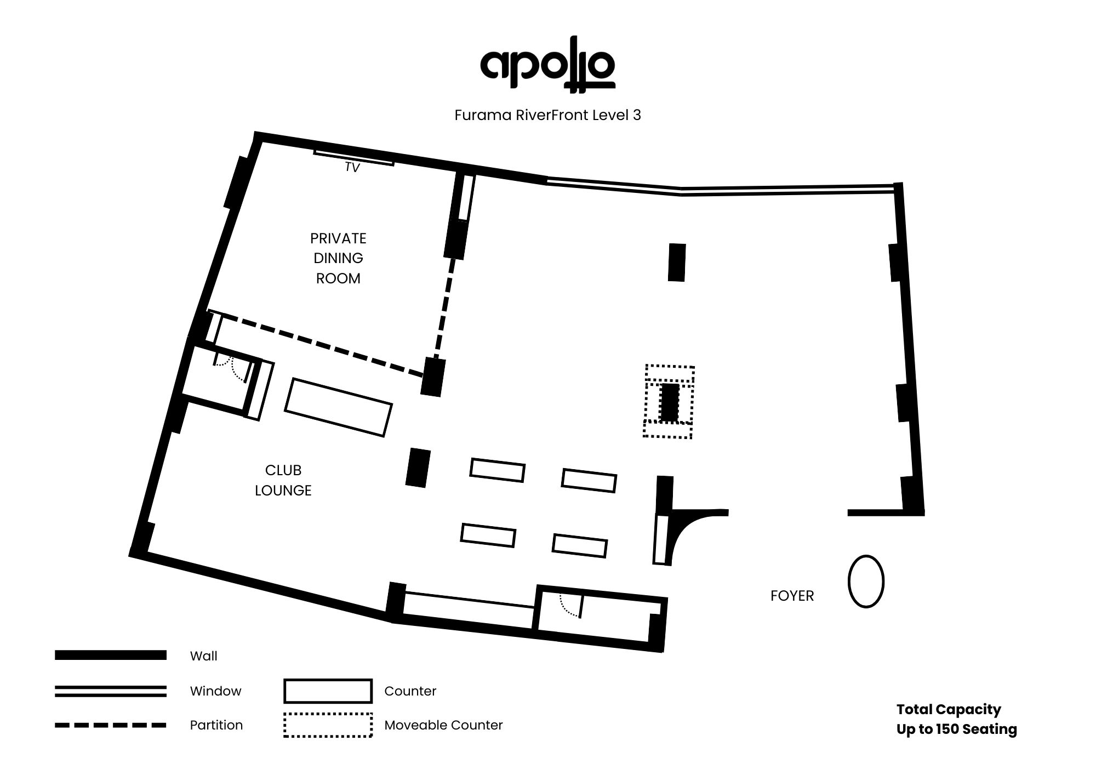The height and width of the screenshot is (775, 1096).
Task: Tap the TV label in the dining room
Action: coord(352,168)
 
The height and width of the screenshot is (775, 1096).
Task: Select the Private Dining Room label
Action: coord(338,258)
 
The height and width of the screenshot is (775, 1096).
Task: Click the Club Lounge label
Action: coord(283,480)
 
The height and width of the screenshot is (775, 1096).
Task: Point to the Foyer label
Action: coord(792,596)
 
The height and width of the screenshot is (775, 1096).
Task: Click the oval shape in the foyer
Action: coord(866,582)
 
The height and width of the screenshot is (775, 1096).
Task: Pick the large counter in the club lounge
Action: coord(338,407)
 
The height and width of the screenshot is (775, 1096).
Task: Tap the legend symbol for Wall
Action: coord(110,655)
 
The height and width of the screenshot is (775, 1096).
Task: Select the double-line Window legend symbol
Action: coord(110,691)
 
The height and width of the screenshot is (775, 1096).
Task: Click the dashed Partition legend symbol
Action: coord(110,725)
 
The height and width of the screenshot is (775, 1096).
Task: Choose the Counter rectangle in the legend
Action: coord(328,691)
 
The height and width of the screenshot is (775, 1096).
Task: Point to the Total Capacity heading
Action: coord(948,709)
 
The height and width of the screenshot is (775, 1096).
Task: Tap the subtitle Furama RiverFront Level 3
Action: coord(547,115)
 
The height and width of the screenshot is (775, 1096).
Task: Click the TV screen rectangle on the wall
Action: coord(353,157)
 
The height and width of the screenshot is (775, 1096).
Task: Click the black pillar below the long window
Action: coord(677,263)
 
